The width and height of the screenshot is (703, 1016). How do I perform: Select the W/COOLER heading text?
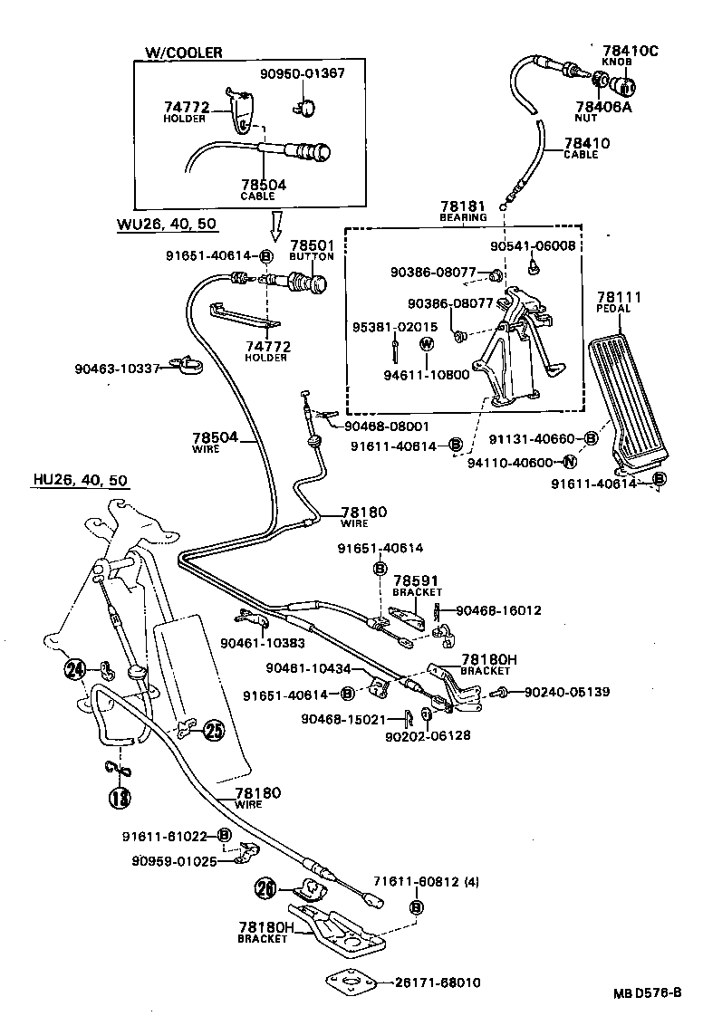183,53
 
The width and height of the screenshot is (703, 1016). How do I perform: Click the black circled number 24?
75,670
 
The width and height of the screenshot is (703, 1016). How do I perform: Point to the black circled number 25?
213,730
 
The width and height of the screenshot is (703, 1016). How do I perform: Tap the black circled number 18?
120,798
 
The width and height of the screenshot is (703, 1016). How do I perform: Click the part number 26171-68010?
438,982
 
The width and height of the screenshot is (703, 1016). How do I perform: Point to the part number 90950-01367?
301,73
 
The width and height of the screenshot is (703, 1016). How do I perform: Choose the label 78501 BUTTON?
312,250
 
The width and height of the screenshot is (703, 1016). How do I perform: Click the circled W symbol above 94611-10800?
428,344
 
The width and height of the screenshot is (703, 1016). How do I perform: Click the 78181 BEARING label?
464,210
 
